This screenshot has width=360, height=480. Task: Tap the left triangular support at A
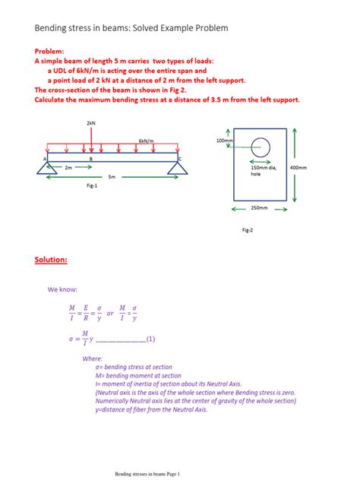tap(46, 166)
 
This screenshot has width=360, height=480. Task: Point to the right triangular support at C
tap(179, 166)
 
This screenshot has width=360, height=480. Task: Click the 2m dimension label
tap(68, 166)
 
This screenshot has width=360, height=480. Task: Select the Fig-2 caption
tap(248, 229)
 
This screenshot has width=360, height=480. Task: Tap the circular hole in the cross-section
tap(261, 145)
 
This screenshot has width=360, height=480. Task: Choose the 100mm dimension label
tap(225, 141)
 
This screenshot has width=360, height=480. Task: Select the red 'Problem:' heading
tap(51, 52)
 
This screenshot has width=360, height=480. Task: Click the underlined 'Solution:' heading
tap(51, 260)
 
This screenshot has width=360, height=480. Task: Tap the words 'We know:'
tap(62, 289)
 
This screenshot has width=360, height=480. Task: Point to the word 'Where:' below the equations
tap(92, 358)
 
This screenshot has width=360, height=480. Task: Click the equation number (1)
tap(150, 339)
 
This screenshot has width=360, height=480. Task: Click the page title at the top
tap(131, 28)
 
